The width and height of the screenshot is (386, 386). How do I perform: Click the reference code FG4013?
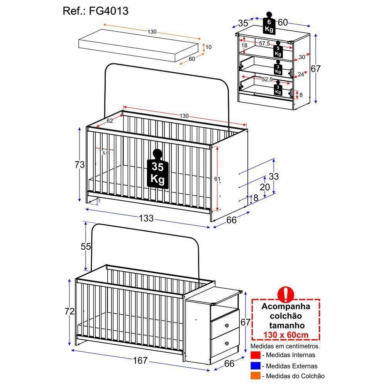[108, 11]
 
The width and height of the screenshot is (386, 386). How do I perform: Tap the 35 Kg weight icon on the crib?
[157, 169]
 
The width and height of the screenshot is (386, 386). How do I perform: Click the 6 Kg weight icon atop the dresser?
[269, 23]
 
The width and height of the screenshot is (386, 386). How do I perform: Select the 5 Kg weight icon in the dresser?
[278, 49]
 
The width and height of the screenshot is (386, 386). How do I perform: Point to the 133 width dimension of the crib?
[146, 218]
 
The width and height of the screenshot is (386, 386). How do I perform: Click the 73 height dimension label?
[80, 164]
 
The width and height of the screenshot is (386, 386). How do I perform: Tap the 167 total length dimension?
[140, 361]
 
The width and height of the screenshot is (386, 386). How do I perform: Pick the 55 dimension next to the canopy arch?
[86, 246]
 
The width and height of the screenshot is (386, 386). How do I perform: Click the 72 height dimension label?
[69, 312]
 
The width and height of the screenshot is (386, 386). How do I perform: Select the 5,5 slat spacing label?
[105, 153]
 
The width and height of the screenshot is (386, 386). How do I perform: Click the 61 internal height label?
[217, 179]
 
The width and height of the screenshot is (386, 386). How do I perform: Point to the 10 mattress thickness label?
[208, 47]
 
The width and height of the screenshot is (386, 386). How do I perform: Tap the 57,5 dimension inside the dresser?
[264, 44]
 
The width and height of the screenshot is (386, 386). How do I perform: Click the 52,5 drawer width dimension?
[267, 79]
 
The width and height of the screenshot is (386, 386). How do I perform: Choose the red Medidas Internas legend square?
[255, 355]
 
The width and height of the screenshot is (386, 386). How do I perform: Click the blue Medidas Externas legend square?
[255, 366]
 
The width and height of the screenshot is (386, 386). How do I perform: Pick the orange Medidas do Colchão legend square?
[255, 376]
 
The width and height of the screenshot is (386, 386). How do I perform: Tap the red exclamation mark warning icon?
[286, 294]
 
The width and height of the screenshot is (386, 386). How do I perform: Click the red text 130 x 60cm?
[286, 335]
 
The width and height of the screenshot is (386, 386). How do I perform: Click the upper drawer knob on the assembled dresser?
[227, 326]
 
